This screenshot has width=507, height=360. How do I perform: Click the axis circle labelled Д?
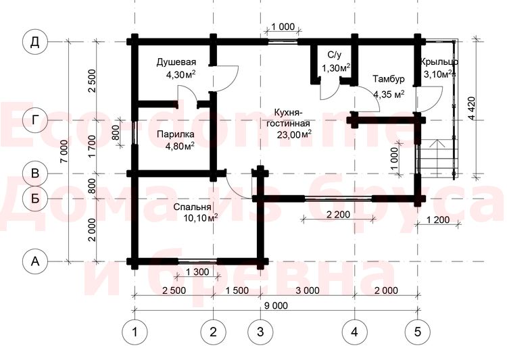pyautogui.click(x=35, y=42)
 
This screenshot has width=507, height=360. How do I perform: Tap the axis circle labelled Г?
pyautogui.click(x=35, y=120)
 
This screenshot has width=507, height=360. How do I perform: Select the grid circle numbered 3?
pyautogui.click(x=260, y=332)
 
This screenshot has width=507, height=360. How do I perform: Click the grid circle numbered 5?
pyautogui.click(x=418, y=332)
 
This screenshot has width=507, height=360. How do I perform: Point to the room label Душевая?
pyautogui.click(x=176, y=61)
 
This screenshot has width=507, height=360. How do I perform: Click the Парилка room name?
pyautogui.click(x=176, y=134)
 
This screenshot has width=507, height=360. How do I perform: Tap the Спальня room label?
pyautogui.click(x=192, y=207)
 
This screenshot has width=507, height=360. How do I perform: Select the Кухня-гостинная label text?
pyautogui.click(x=288, y=118)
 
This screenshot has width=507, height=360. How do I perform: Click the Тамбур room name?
pyautogui.click(x=388, y=79)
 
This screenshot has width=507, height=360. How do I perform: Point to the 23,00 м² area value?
pyautogui.click(x=294, y=134)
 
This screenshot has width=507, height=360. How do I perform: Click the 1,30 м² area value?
pyautogui.click(x=336, y=68)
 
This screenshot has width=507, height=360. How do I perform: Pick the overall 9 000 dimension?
pyautogui.click(x=276, y=305)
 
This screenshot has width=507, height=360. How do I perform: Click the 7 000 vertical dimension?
pyautogui.click(x=64, y=151)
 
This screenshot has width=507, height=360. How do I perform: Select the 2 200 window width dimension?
pyautogui.click(x=338, y=214)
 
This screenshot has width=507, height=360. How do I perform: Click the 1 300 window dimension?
pyautogui.click(x=197, y=272)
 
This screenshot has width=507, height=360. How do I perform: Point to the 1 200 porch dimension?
pyautogui.click(x=438, y=220)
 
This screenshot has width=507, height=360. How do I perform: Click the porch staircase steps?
pyautogui.click(x=437, y=158)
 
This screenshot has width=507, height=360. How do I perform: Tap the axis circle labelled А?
pyautogui.click(x=35, y=261)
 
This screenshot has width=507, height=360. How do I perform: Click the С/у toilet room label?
pyautogui.click(x=334, y=55)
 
